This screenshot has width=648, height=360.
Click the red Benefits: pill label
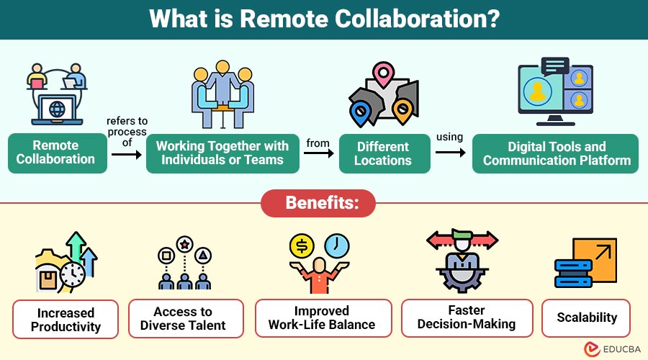coord(318,203)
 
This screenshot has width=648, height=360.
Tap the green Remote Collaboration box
coord(58,153)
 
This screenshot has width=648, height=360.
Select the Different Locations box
coord(384,153)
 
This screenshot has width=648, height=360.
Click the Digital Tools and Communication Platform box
coord(555,153)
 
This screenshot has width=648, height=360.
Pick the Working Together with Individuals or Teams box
coord(222,153)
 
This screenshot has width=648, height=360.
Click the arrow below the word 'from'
coord(319,153)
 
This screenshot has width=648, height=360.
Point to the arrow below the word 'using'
coord(451,153)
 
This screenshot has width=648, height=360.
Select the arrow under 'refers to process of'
coord(127,155)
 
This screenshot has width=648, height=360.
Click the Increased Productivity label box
coord(66,320)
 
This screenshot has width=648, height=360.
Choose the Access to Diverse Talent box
coord(186,318)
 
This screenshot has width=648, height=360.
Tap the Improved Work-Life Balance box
coord(323,318)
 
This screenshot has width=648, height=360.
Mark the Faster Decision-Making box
coord(467,318)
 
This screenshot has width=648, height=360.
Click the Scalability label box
coord(586,318)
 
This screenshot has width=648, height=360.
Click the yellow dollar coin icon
coord(302,246)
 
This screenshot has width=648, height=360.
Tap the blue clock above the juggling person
coord(337,246)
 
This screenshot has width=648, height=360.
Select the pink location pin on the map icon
coord(384,74)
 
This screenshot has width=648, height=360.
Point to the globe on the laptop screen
coord(57,109)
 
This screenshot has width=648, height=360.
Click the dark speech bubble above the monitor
coord(555,66)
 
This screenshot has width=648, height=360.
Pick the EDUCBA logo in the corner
coord(612,349)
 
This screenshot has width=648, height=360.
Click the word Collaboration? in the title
coord(417,19)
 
